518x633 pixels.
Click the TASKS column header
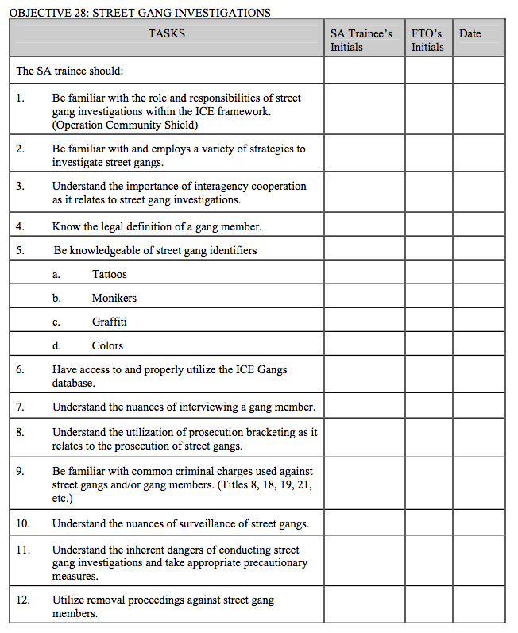[x=166, y=33]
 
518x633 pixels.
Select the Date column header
[x=470, y=33]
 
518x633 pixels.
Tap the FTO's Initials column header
[x=427, y=41]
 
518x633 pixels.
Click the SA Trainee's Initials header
[x=361, y=41]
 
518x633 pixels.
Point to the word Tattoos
[x=110, y=274]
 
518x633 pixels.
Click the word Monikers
[x=114, y=298]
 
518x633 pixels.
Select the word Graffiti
[x=109, y=322]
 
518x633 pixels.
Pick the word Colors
[x=107, y=345]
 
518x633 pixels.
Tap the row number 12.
[x=23, y=600]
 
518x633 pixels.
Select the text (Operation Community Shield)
[x=125, y=125]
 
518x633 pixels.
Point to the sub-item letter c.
[x=56, y=322]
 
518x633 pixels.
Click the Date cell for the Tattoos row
[x=478, y=274]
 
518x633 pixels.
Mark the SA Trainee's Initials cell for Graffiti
[x=364, y=322]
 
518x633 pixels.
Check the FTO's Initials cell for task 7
[x=428, y=407]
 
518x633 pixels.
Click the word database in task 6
[x=74, y=383]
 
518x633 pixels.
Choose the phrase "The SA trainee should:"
[x=70, y=71]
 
